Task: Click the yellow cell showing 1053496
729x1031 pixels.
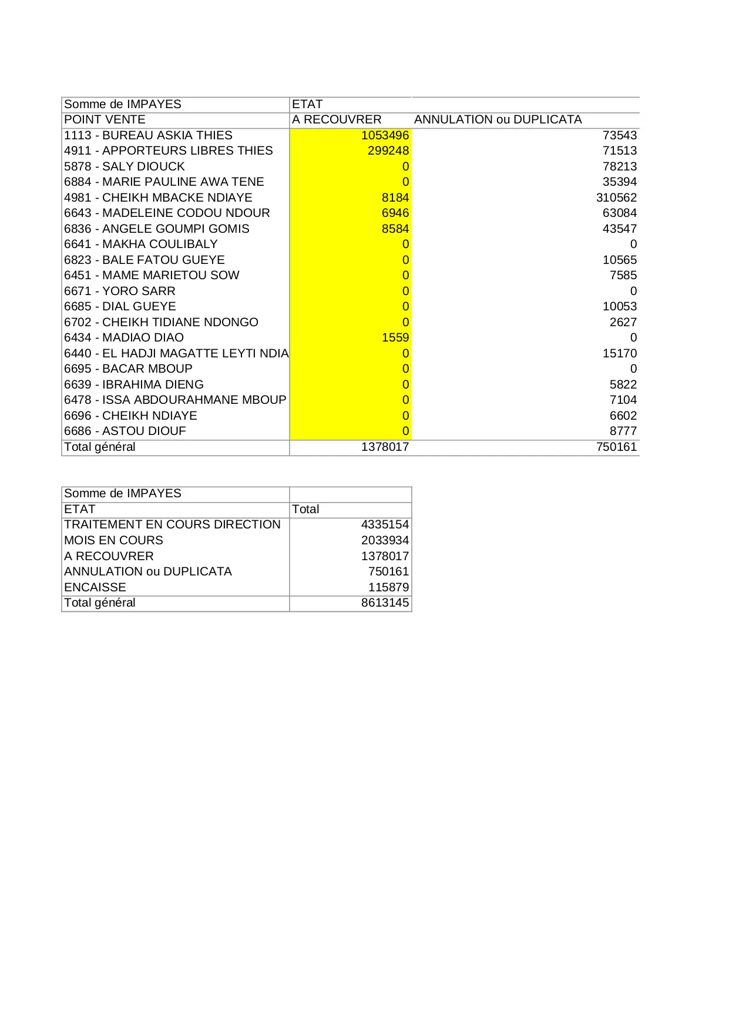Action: point(385,135)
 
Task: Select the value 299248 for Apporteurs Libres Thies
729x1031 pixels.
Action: point(388,150)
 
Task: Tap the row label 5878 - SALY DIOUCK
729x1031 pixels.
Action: point(125,166)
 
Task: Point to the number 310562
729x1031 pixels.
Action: point(616,198)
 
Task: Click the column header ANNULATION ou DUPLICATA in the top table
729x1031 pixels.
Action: point(498,119)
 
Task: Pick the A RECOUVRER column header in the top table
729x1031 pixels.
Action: point(337,119)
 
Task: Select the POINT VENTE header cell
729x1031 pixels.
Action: point(105,119)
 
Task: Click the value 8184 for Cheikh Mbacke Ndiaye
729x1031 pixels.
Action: point(395,198)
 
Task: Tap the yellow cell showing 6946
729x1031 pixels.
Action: point(395,213)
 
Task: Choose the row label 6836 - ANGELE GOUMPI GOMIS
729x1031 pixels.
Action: point(156,229)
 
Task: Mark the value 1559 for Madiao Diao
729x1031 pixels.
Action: point(395,337)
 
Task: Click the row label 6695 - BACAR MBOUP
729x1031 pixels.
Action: point(128,369)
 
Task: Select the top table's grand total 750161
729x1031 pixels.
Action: point(616,447)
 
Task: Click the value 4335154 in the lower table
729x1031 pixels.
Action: point(385,524)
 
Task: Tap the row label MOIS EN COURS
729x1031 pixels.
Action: point(113,540)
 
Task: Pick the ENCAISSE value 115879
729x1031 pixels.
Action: point(388,587)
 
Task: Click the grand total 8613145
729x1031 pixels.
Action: point(385,602)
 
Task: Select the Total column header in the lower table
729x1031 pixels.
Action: point(305,509)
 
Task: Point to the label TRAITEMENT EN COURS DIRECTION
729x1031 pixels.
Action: point(172,524)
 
